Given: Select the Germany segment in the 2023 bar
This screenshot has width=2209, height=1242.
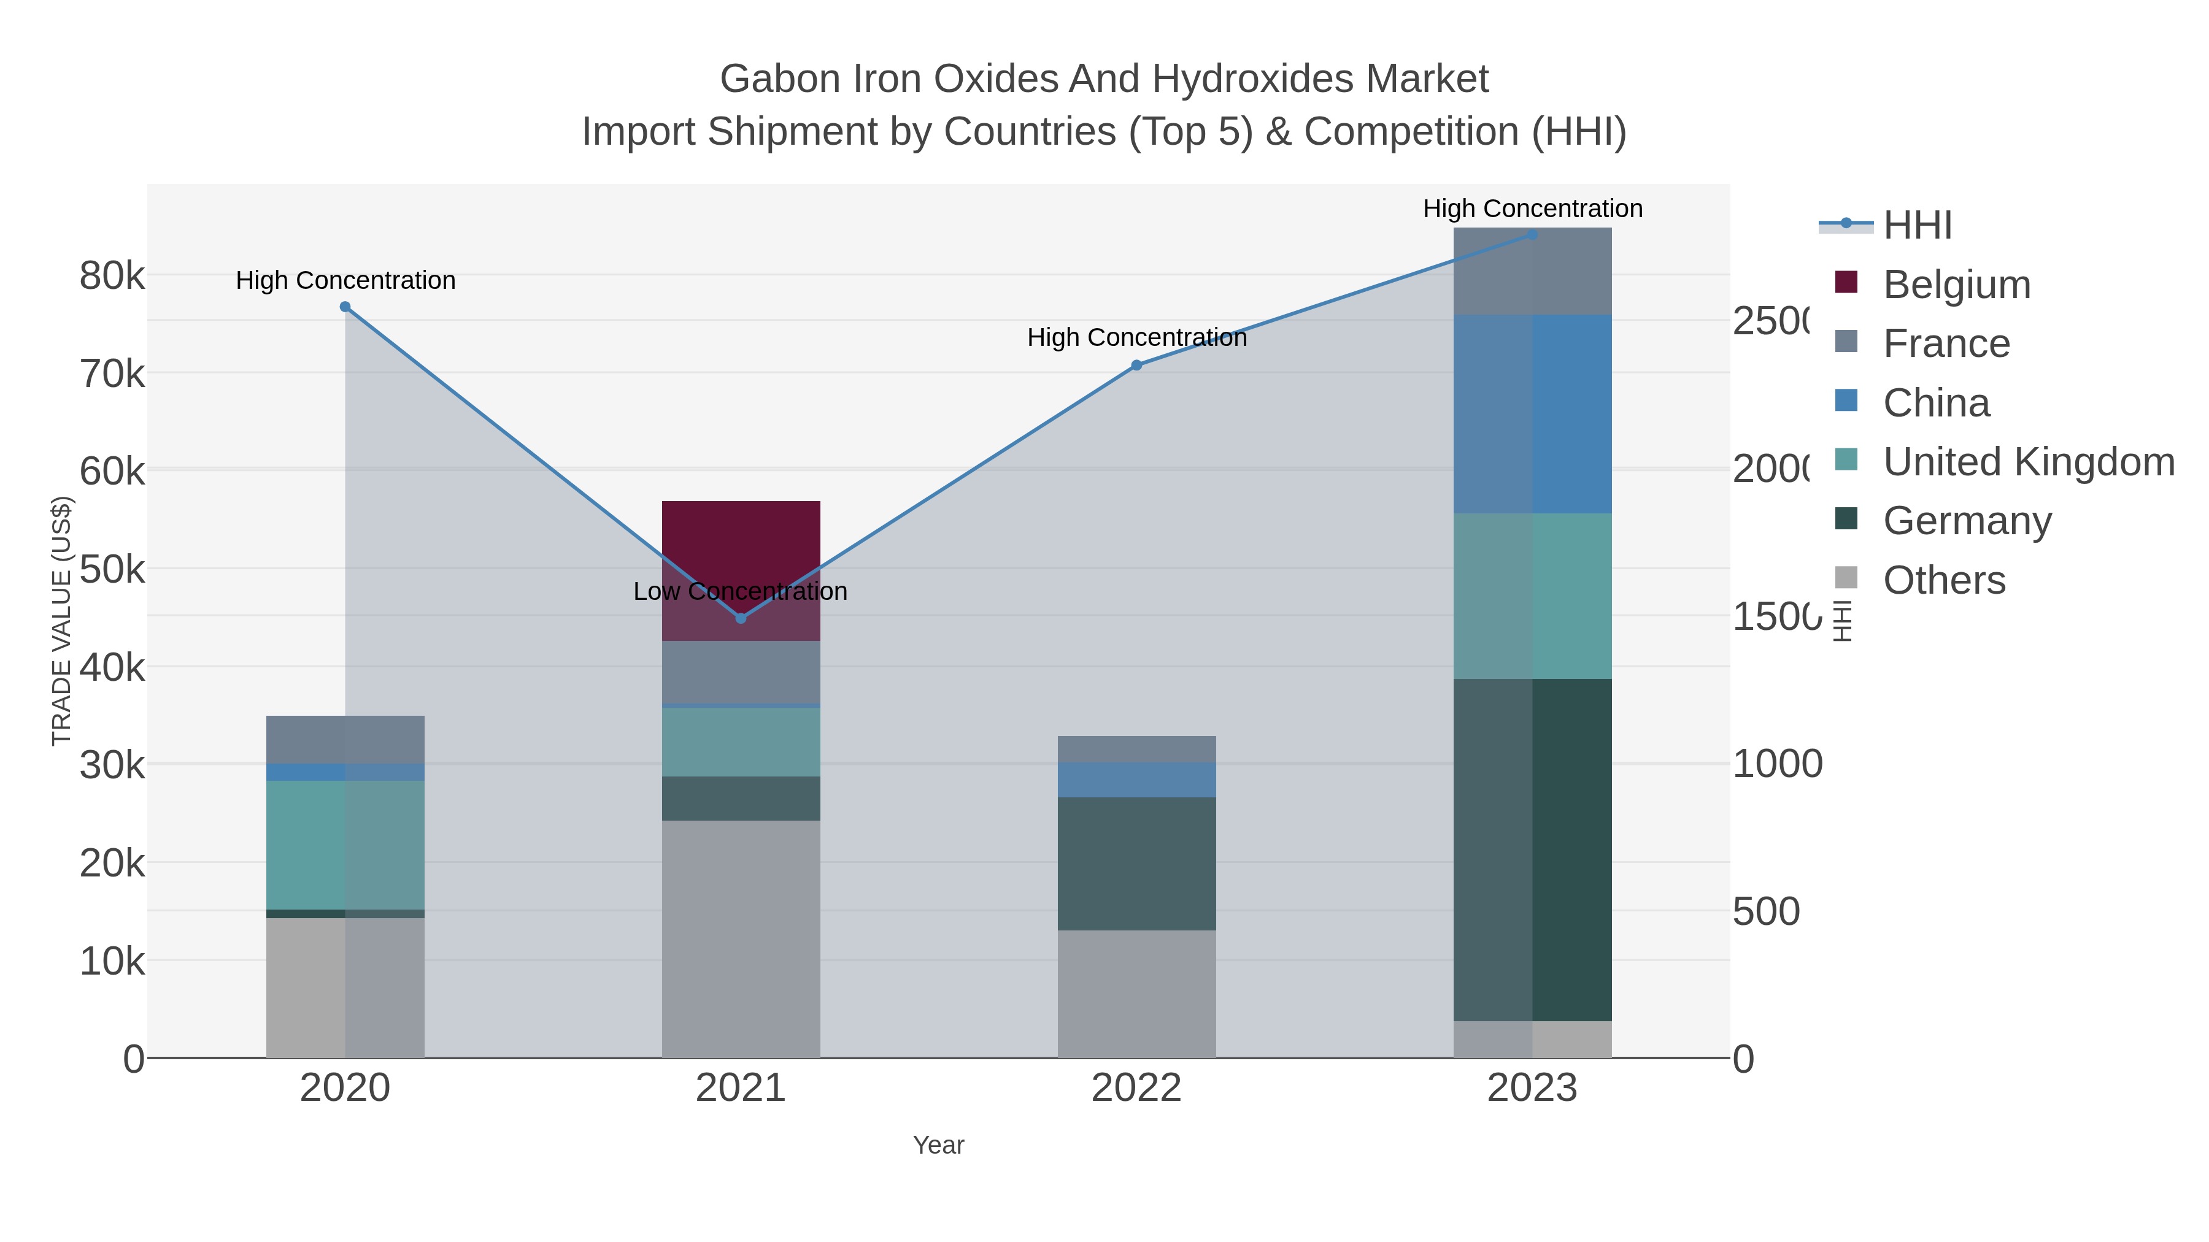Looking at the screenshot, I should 1532,849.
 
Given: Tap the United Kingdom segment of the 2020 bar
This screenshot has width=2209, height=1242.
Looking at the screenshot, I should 345,845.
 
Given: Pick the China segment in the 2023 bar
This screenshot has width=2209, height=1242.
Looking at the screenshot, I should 1532,413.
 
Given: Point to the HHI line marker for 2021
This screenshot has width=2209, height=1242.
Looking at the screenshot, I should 741,618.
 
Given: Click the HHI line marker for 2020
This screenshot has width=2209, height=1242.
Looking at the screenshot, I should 345,307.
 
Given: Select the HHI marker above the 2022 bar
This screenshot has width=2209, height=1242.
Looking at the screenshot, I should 1136,365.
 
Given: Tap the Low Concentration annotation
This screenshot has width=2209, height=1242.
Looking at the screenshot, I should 740,591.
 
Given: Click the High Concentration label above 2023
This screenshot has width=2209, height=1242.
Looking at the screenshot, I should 1532,209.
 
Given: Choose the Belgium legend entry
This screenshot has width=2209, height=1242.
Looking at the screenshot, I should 1956,285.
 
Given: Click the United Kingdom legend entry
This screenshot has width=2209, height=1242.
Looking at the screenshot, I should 2028,462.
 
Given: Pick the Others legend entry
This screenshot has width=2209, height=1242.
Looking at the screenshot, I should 1943,580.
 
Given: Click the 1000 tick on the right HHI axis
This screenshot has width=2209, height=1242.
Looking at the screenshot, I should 1777,764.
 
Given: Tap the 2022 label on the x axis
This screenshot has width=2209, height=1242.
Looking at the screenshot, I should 1136,1089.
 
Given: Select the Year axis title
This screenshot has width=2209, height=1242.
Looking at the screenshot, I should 938,1145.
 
